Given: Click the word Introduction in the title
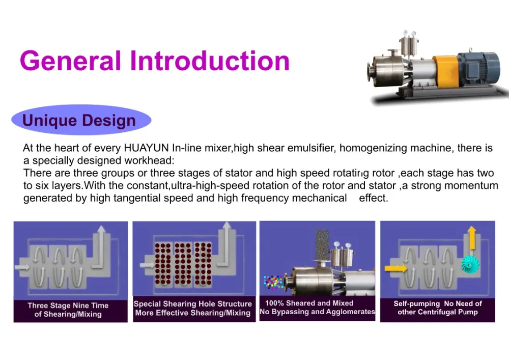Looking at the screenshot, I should point(210,61).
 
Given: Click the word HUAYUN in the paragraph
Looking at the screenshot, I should point(146,149).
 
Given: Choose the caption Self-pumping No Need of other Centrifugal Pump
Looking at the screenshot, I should point(437,308).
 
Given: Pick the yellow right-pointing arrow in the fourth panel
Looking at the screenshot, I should point(394,267).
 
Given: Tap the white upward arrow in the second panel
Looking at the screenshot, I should point(225,239).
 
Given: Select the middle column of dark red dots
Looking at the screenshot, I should point(182,264).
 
